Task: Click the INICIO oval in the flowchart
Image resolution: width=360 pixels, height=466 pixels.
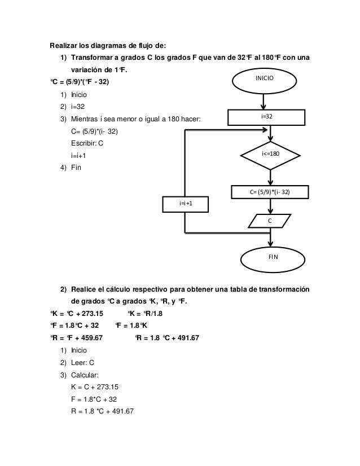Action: tap(264, 79)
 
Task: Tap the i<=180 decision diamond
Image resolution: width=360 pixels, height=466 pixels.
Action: tap(271, 153)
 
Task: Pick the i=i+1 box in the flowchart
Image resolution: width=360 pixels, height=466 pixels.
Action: tap(185, 203)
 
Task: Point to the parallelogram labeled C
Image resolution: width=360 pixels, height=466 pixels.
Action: tap(270, 221)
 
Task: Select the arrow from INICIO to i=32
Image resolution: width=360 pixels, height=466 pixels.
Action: tap(264, 101)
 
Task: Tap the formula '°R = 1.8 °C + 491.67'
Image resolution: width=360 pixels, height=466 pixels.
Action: tap(167, 338)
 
